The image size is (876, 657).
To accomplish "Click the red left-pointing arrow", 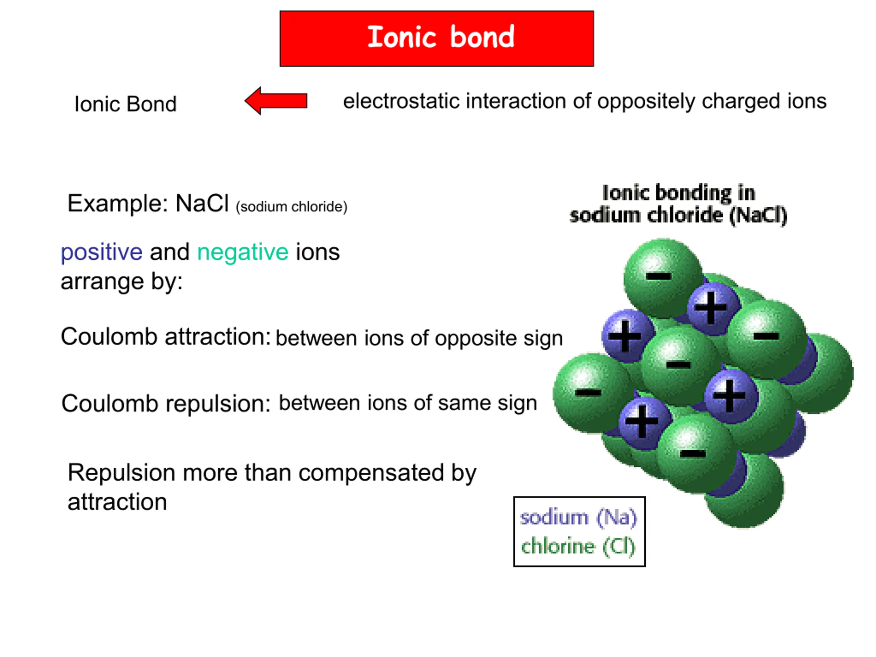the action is (x=275, y=101).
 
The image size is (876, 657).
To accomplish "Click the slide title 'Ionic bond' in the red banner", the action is (x=441, y=37).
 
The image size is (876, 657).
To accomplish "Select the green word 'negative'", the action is (x=243, y=253).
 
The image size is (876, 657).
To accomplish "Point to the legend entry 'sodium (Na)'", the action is (x=578, y=517).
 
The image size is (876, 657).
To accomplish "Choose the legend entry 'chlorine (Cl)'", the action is (x=578, y=546).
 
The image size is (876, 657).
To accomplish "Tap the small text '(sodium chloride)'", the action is (x=292, y=207).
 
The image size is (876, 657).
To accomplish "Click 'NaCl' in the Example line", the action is (x=202, y=204).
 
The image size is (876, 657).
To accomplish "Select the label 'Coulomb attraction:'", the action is (x=166, y=337).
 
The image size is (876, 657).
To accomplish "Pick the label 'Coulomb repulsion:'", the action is (x=166, y=404).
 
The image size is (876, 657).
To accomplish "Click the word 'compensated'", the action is (x=371, y=473).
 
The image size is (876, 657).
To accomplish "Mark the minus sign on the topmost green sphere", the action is (x=659, y=276).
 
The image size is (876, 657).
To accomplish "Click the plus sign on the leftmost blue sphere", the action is (x=624, y=336).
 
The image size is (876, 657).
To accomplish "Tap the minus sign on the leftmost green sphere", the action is (x=588, y=393).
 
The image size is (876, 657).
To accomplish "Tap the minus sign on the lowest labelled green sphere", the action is (x=693, y=454).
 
